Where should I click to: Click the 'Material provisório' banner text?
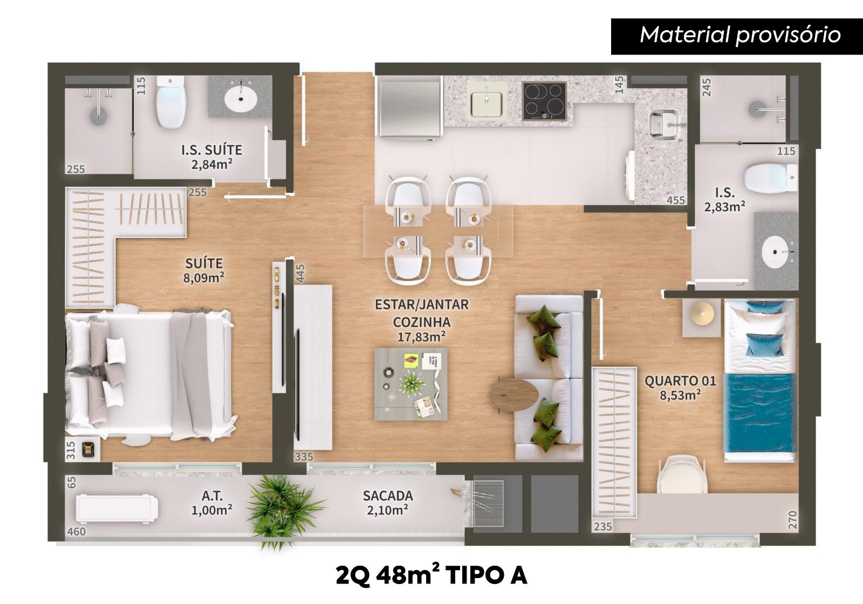pos(740,35)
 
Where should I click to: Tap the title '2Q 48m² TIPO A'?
pos(432,575)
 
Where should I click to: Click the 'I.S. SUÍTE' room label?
pos(212,150)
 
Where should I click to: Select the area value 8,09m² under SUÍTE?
pos(204,278)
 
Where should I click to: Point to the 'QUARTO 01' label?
pos(680,381)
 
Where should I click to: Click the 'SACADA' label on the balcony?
pos(388,496)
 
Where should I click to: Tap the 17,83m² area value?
pos(422,337)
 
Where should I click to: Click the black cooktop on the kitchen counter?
pos(544,101)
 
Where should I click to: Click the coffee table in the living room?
pos(411,384)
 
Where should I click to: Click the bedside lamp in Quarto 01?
pos(702,312)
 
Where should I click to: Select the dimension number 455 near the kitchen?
pos(676,200)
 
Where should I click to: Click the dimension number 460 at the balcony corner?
pos(76,532)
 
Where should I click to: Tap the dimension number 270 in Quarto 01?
pos(792,520)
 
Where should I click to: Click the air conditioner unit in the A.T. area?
pos(117,509)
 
